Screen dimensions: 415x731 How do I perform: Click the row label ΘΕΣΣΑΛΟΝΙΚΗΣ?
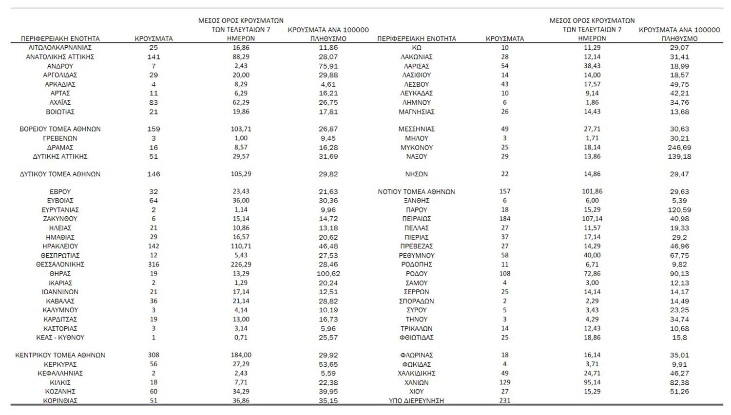pyautogui.click(x=60, y=264)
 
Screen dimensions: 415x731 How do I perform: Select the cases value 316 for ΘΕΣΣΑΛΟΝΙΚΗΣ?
pyautogui.click(x=154, y=264)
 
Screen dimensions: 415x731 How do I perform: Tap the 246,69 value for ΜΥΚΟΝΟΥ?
pyautogui.click(x=679, y=148)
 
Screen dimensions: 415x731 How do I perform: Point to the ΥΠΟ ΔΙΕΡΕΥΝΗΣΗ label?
pyautogui.click(x=416, y=401)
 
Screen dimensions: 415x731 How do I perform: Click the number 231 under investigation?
pyautogui.click(x=505, y=401)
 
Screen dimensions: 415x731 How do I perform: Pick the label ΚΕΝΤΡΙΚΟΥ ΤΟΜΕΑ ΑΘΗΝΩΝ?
pyautogui.click(x=60, y=355)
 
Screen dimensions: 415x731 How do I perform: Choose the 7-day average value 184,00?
pyautogui.click(x=241, y=355)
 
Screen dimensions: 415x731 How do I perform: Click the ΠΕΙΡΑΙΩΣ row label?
pyautogui.click(x=416, y=219)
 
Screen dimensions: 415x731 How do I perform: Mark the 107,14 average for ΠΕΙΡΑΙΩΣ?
pyautogui.click(x=592, y=219)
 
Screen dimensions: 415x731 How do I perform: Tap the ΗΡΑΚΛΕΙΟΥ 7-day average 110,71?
pyautogui.click(x=241, y=246)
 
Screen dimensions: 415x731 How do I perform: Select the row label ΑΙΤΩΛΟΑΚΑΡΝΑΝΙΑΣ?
pyautogui.click(x=60, y=48)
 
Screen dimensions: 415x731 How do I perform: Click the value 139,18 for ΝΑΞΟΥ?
pyautogui.click(x=679, y=156)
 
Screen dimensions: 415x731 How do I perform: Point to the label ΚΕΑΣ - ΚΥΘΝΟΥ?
pyautogui.click(x=60, y=338)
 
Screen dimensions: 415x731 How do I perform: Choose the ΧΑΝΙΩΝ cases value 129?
pyautogui.click(x=505, y=382)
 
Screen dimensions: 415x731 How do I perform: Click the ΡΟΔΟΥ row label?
pyautogui.click(x=416, y=274)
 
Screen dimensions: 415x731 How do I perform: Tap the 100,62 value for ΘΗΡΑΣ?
pyautogui.click(x=328, y=274)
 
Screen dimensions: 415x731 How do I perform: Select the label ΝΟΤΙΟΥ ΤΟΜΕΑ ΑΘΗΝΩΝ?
pyautogui.click(x=416, y=192)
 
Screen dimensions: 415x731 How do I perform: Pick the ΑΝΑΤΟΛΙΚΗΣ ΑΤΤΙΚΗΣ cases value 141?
pyautogui.click(x=154, y=57)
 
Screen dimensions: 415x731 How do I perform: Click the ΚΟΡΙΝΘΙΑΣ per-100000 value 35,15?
pyautogui.click(x=328, y=401)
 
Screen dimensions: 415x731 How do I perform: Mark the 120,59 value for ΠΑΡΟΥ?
pyautogui.click(x=679, y=210)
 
